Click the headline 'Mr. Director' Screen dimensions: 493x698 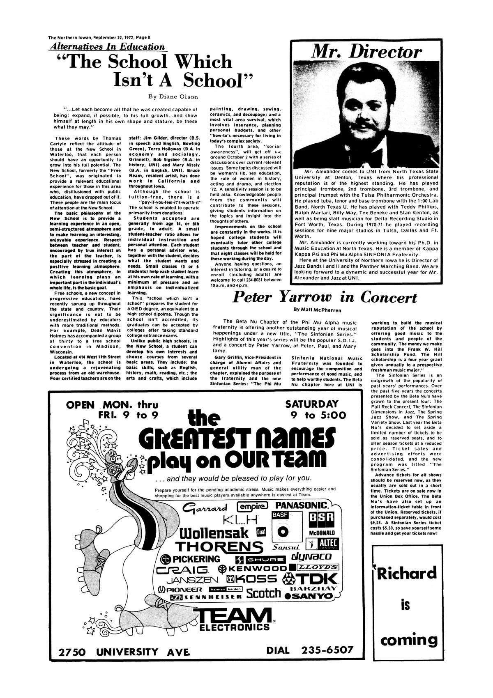(x=366, y=53)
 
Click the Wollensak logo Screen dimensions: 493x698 (x=214, y=533)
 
